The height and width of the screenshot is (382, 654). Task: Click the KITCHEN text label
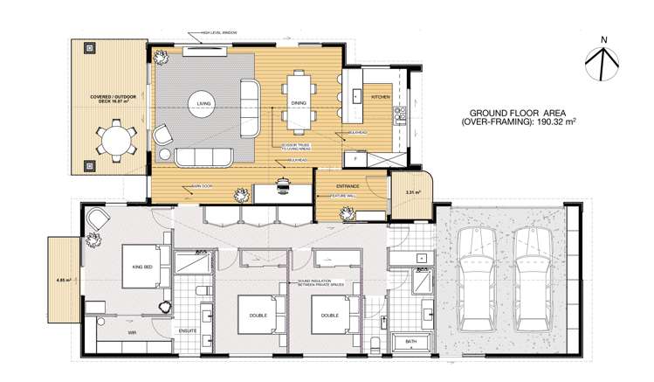pyautogui.click(x=381, y=97)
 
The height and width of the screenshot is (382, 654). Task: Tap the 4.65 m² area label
pyautogui.click(x=62, y=281)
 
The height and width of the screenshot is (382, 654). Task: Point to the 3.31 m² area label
pyautogui.click(x=413, y=191)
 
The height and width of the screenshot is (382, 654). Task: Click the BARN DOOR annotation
pyautogui.click(x=191, y=186)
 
